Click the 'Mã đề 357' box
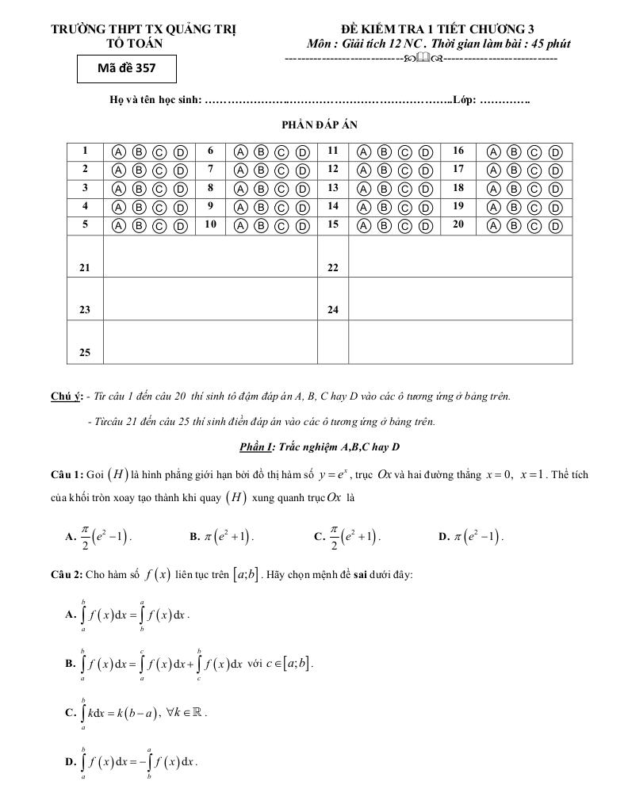[126, 68]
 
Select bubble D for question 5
[180, 226]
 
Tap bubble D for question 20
[555, 226]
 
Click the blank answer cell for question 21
[209, 256]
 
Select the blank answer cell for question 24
[460, 299]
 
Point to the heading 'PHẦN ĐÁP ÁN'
[314, 124]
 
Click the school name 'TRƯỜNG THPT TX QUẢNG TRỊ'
[144, 30]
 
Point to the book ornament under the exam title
[422, 58]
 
